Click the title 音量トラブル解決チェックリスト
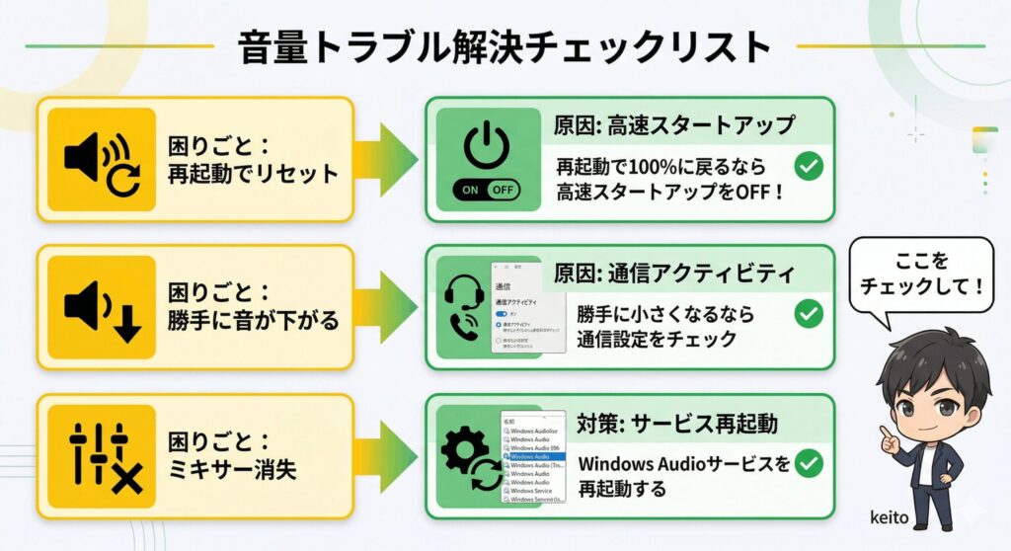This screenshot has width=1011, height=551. [x=504, y=47]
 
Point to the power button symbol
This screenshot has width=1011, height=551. [x=485, y=143]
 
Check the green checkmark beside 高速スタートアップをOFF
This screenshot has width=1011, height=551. [x=810, y=166]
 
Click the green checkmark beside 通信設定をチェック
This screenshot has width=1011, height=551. [x=810, y=314]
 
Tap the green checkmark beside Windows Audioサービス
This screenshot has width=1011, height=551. [x=810, y=463]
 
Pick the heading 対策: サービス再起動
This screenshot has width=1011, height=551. [x=677, y=424]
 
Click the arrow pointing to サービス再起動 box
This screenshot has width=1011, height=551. [x=388, y=456]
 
